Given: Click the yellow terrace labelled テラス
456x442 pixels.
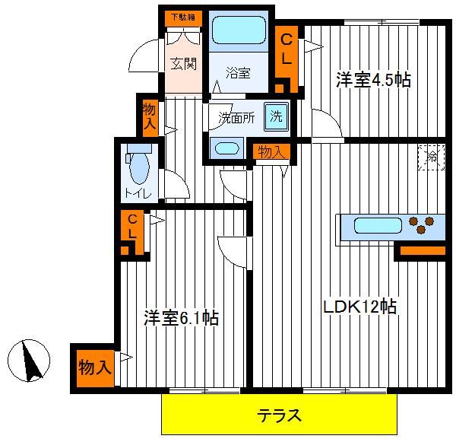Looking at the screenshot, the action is [279, 414].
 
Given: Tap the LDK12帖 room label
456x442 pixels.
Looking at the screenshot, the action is [360, 307].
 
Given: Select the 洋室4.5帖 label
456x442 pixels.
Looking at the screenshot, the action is [373, 79].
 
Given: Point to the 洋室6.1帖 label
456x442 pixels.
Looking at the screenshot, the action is [181, 318].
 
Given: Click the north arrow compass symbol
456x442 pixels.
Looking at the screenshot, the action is [29, 361].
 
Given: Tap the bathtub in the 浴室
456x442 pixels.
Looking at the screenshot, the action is [239, 30].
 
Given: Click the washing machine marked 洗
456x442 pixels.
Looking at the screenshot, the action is [276, 116].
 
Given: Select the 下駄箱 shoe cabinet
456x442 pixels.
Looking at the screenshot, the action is [183, 17].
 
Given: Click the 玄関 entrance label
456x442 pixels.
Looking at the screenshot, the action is [183, 63].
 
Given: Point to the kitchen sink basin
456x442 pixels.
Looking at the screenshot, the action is [378, 226].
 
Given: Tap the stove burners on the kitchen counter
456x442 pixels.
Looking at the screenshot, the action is [421, 224].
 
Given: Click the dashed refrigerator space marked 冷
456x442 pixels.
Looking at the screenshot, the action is [431, 157].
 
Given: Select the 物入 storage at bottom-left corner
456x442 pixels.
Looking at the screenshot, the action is [95, 368].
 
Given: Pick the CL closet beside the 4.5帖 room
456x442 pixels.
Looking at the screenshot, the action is [287, 59].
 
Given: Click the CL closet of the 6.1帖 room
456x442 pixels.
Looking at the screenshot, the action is [132, 232].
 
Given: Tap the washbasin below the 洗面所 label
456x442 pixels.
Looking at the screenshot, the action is [226, 148].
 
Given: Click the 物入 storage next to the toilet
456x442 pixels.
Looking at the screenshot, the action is [150, 118].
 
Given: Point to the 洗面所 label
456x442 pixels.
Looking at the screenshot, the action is [236, 118].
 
